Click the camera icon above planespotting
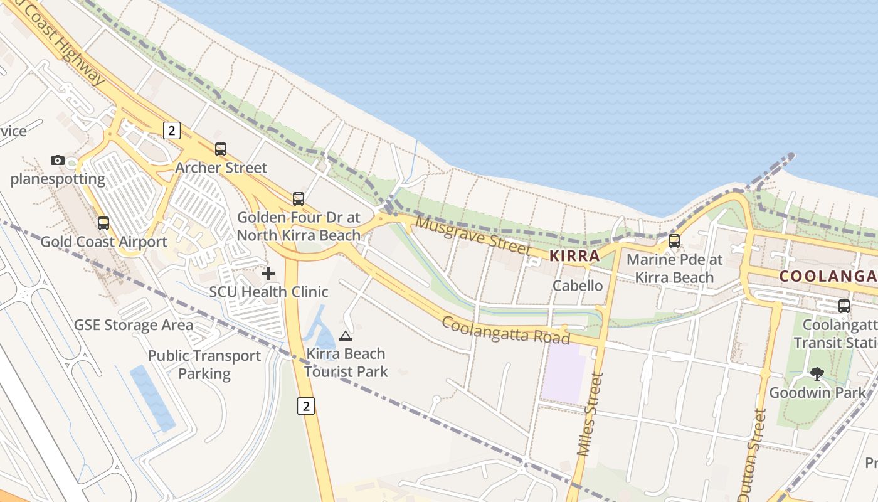tap(58, 160)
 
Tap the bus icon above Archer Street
tap(221, 149)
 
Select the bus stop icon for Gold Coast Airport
tap(103, 223)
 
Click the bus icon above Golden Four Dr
tap(299, 199)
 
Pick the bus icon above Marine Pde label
tap(674, 240)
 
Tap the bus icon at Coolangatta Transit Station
tap(844, 306)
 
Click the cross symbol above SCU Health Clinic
tap(268, 274)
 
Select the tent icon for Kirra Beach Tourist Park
tap(345, 336)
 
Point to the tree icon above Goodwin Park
tap(817, 374)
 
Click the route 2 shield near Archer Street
tap(171, 131)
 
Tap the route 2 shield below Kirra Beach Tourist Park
tap(305, 406)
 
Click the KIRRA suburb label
tap(574, 256)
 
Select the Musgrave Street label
tap(472, 236)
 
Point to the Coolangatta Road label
tap(506, 330)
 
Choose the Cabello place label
tap(578, 286)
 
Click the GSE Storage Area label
tap(134, 325)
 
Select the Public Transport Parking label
tap(204, 365)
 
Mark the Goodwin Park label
tap(817, 393)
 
